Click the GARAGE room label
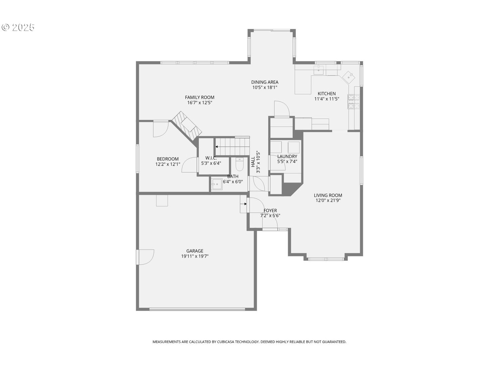(195, 251)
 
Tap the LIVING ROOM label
(328, 195)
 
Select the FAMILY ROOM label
(200, 97)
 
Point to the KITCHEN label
(326, 94)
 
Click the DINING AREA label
(265, 82)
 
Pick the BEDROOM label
(168, 159)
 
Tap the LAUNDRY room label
(287, 157)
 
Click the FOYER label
(270, 210)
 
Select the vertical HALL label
(253, 162)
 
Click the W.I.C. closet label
(211, 158)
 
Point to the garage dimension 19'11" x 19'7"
(195, 256)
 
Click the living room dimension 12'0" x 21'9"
(328, 200)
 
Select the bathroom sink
(217, 183)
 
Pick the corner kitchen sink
(349, 77)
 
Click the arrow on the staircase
(217, 146)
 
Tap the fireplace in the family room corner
(187, 126)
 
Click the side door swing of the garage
(146, 257)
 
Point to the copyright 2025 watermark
(18, 27)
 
